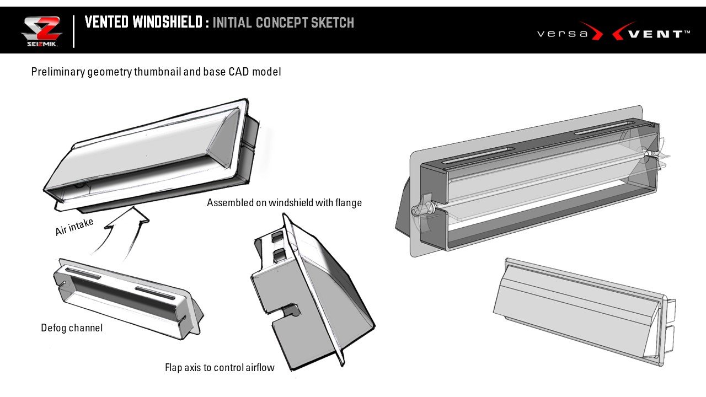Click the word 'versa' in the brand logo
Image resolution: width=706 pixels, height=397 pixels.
[562, 34]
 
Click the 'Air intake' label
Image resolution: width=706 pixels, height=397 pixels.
[74, 227]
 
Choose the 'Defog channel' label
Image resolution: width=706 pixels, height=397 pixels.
[72, 328]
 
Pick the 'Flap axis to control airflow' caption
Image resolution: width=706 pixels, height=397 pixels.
[220, 368]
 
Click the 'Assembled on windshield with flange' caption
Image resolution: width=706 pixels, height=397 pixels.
[284, 203]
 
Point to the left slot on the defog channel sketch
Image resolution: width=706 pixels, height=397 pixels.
[83, 273]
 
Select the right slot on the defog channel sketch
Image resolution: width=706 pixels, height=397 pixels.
[155, 292]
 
